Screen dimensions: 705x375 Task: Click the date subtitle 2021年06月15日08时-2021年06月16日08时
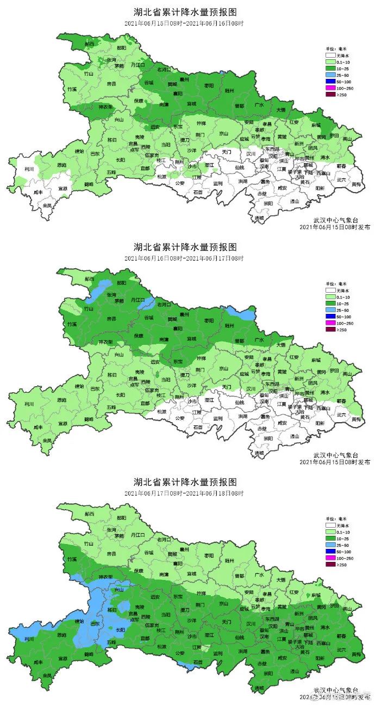point(184,23)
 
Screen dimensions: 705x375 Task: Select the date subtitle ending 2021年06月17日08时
point(184,258)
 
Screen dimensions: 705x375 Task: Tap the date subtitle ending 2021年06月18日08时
point(184,493)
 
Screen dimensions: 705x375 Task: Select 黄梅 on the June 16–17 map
point(356,419)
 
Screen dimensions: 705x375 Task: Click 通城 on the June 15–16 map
point(260,218)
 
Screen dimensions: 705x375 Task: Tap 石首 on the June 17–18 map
point(198,662)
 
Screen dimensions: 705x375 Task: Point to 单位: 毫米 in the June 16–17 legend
point(335,283)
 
